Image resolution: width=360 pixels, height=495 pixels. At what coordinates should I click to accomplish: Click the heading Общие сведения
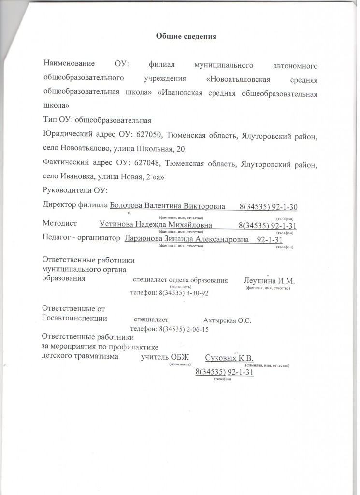186,36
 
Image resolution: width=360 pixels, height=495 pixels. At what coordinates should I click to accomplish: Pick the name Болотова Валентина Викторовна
168,206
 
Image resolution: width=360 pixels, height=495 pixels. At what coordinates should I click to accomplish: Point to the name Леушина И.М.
269,281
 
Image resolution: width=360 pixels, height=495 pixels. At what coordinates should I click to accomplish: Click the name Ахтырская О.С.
227,320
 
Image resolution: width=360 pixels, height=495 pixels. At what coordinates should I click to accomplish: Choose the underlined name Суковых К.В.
230,358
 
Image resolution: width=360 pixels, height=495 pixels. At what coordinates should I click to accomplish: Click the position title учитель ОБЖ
165,358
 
